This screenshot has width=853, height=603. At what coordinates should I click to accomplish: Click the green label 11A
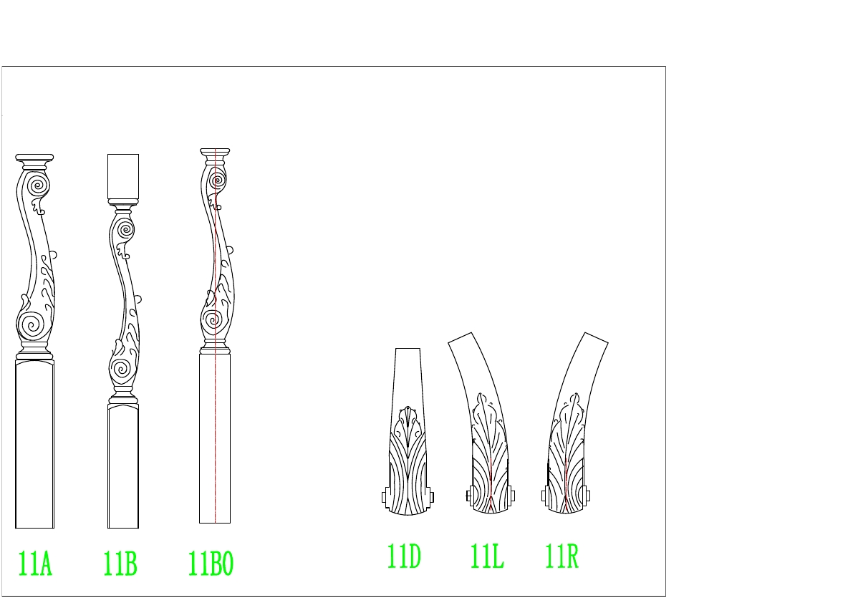click(35, 564)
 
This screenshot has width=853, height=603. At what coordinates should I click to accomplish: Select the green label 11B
click(120, 564)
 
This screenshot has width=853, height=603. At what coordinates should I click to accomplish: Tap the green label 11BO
click(211, 564)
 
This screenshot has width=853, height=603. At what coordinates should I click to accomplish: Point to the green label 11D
click(404, 556)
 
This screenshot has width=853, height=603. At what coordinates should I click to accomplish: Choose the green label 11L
click(487, 556)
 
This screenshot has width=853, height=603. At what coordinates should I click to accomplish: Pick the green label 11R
click(562, 556)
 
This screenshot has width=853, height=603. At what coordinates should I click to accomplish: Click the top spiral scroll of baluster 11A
click(37, 185)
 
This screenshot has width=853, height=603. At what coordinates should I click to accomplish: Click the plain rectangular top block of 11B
click(123, 177)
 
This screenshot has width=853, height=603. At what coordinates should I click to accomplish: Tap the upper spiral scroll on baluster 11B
click(125, 229)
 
